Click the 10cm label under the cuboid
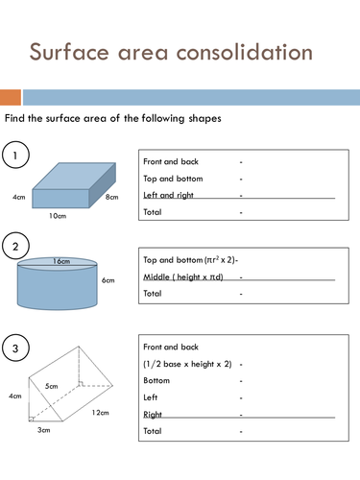tap(58, 217)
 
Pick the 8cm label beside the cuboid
tap(111, 197)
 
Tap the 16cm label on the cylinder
tap(62, 260)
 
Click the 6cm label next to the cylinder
tap(108, 280)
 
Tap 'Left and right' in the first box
tap(168, 194)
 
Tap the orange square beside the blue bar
tap(10, 97)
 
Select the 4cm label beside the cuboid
tap(18, 197)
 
